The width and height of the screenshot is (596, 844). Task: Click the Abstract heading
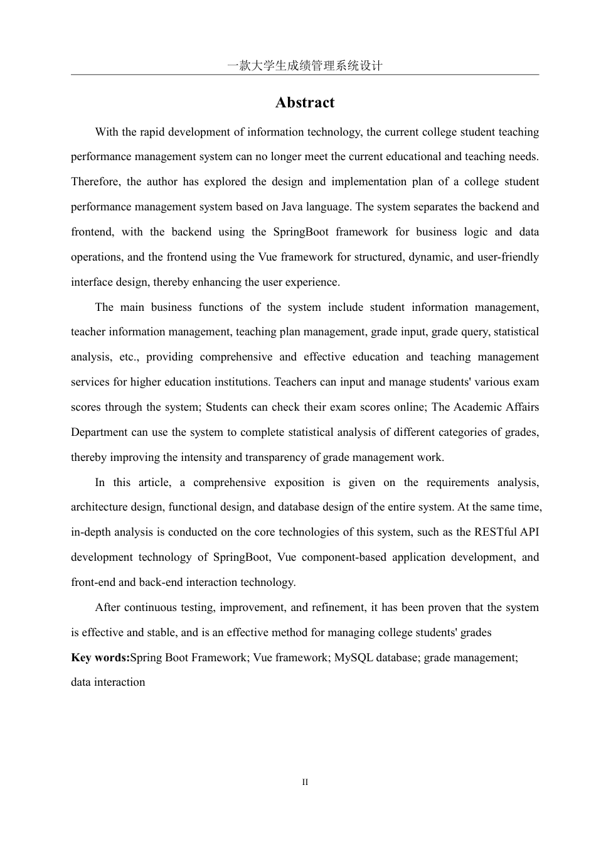[304, 103]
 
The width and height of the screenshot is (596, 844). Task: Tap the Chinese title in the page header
[304, 66]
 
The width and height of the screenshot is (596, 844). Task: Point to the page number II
[305, 782]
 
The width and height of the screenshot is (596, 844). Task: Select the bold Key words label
[100, 657]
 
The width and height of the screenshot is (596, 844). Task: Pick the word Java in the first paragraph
[292, 207]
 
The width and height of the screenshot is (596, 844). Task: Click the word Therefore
[95, 181]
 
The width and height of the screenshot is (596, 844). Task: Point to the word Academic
[479, 407]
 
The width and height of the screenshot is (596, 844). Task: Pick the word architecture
[101, 507]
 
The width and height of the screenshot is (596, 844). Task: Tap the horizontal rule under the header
[304, 75]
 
